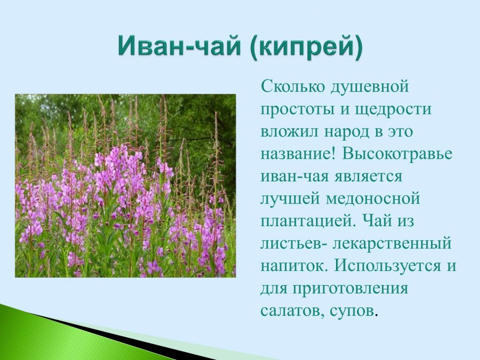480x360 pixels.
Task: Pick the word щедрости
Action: (x=401, y=109)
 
